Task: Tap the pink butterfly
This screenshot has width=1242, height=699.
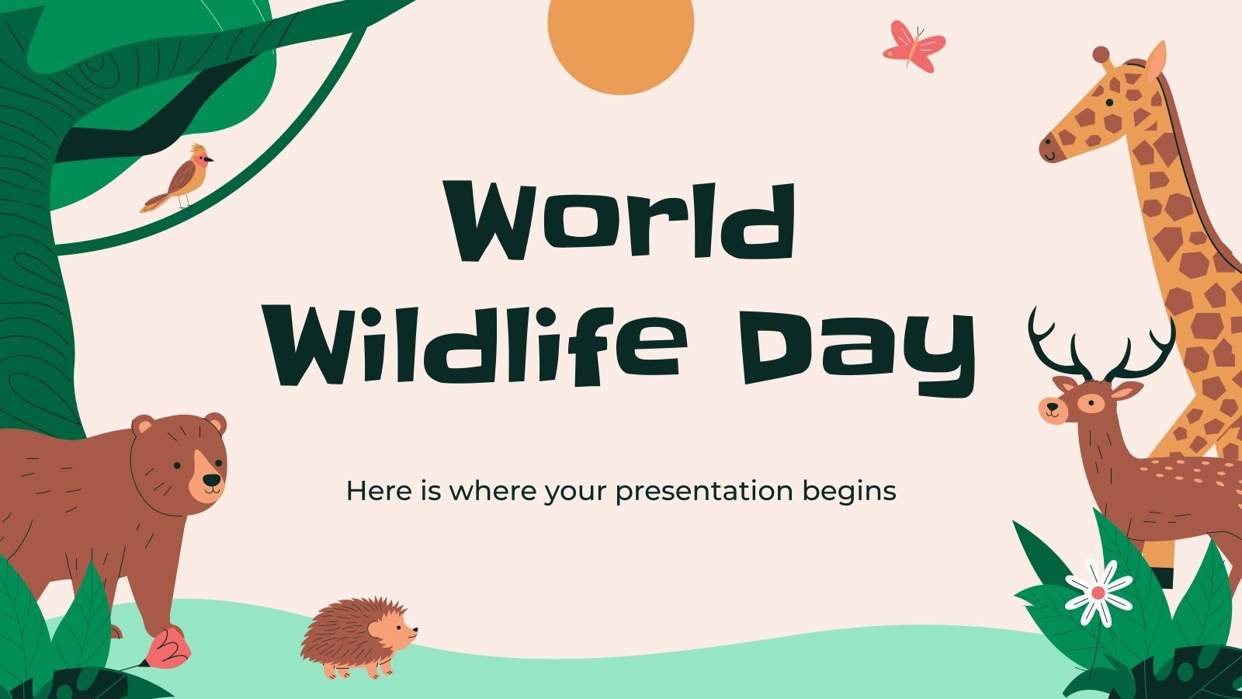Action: (914, 48)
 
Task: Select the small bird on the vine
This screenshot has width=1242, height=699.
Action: (182, 179)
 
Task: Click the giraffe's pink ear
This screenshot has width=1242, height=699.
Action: (1156, 61)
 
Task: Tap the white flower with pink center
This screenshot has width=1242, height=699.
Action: (1098, 593)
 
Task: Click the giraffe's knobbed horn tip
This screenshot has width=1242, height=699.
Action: (1101, 54)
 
